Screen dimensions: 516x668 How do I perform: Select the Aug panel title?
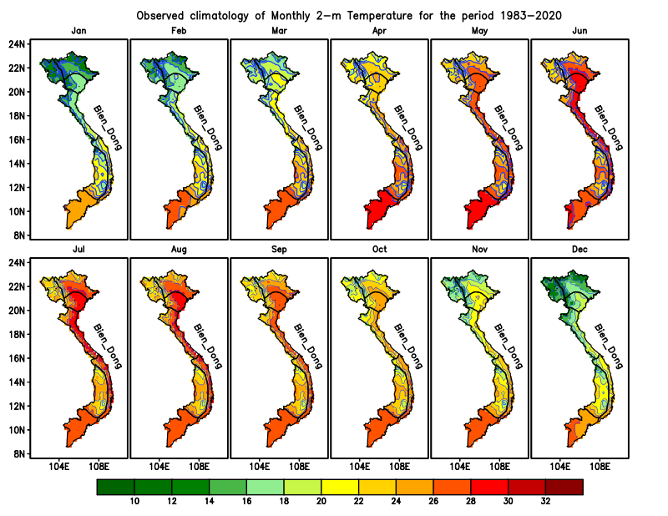[179, 250]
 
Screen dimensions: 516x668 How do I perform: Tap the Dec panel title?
[579, 250]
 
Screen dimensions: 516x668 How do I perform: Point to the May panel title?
[479, 32]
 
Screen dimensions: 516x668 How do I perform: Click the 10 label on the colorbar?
[134, 502]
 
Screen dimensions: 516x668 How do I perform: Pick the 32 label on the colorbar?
[545, 502]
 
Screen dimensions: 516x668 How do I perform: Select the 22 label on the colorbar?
[358, 502]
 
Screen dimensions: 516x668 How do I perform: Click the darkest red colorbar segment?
[564, 487]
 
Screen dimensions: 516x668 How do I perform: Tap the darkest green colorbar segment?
[115, 487]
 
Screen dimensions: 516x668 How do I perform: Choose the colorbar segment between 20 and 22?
[340, 487]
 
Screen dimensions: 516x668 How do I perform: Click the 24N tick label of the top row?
[17, 43]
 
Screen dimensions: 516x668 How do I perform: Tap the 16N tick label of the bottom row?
[17, 358]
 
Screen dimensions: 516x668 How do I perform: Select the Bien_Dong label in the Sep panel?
[306, 346]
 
